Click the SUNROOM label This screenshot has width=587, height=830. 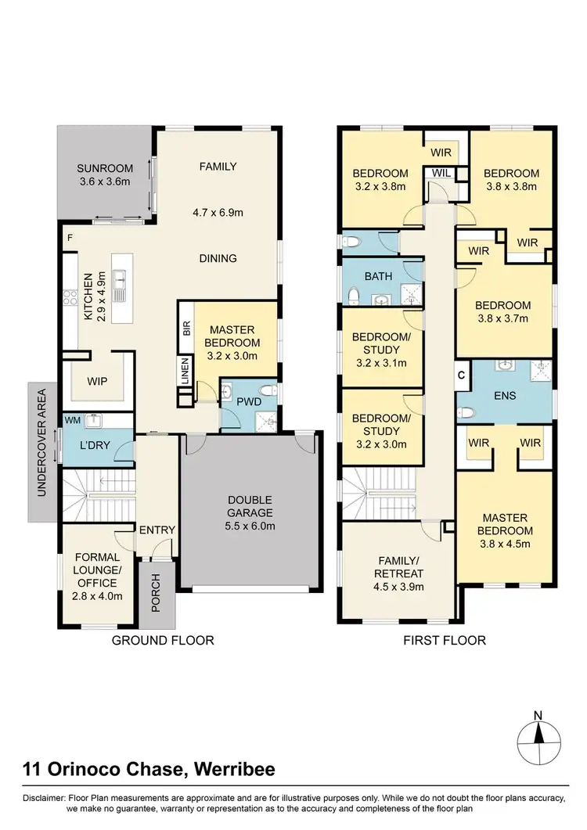click(x=104, y=168)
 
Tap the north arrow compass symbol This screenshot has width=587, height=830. click(x=538, y=737)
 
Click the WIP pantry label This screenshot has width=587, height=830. click(x=99, y=381)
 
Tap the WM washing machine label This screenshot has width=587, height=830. click(x=73, y=420)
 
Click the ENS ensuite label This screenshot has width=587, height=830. click(x=505, y=395)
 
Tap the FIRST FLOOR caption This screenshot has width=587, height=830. click(x=445, y=641)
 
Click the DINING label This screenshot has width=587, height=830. click(x=218, y=258)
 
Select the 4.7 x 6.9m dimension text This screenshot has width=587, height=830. click(x=217, y=211)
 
